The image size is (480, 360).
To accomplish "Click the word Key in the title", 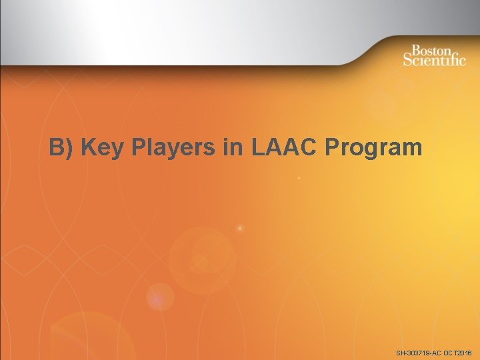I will [101, 148].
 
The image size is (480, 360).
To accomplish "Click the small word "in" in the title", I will [234, 148].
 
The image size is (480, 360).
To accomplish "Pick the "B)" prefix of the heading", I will [62, 148].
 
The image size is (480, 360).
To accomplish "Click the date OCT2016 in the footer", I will [457, 352].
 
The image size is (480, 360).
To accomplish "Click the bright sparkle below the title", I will [240, 229].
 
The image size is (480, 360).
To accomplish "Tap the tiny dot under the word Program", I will [299, 179].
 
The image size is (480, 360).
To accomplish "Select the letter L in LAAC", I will [259, 148].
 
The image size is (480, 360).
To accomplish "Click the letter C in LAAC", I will [310, 148].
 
